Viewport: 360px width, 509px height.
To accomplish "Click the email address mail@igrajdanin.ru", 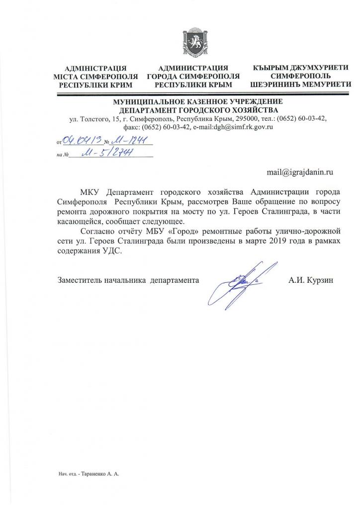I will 299,171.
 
